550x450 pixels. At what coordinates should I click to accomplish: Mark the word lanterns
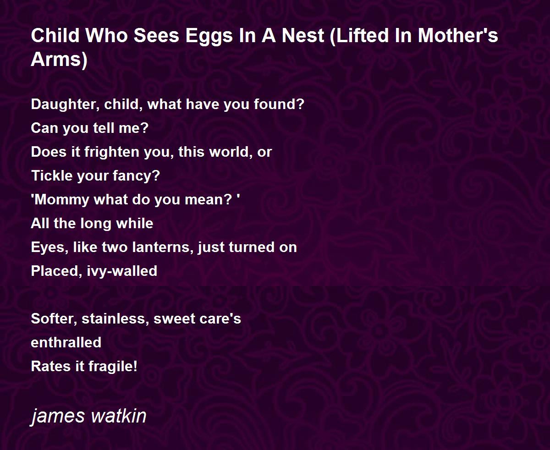coord(165,247)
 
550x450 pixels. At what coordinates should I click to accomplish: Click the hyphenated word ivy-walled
coord(122,271)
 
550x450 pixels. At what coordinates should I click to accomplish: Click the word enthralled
coord(66,342)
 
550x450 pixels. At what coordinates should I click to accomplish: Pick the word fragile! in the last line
coord(113,367)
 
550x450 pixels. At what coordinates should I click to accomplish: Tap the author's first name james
coord(58,417)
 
